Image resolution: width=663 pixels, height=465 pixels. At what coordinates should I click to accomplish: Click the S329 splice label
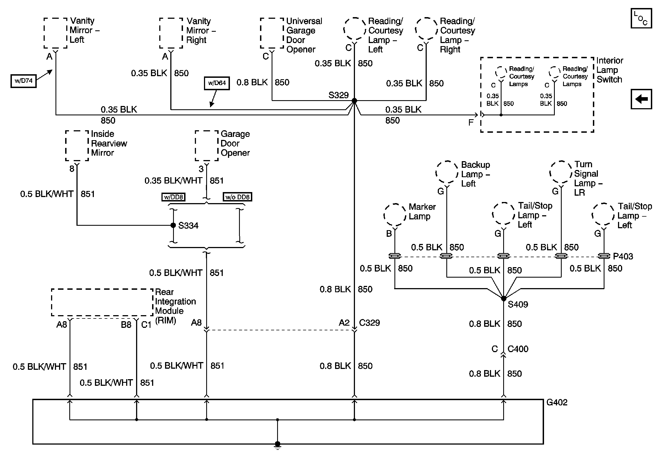point(338,95)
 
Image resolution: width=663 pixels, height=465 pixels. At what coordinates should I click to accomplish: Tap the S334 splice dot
point(173,225)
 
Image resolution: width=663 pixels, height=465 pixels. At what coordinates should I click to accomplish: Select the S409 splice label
point(518,304)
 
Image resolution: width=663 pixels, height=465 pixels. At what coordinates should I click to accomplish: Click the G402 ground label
point(557,402)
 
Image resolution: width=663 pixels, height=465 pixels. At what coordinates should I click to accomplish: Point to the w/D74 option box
point(23,81)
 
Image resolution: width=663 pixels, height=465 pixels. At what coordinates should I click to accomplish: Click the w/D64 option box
point(217,83)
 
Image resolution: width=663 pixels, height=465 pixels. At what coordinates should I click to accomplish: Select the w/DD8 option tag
point(173,197)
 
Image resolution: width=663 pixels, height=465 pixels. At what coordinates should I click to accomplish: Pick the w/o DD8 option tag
point(237,197)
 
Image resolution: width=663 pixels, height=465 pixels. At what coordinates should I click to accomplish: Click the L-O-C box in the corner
point(641,18)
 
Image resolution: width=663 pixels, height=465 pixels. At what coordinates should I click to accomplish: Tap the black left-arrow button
point(641,99)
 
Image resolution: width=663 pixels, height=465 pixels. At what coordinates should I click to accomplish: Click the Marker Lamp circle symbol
point(394,215)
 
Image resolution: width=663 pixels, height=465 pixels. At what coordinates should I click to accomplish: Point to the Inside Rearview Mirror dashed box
point(77,145)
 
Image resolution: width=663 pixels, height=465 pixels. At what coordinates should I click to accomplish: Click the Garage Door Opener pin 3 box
point(206,145)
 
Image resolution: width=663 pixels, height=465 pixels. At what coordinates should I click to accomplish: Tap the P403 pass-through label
point(623,256)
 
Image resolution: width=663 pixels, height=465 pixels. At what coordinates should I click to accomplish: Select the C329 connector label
point(369,323)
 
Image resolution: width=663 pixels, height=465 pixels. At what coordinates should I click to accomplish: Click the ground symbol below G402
point(277,447)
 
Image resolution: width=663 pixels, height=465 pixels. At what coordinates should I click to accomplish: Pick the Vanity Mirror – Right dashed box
point(171,33)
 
